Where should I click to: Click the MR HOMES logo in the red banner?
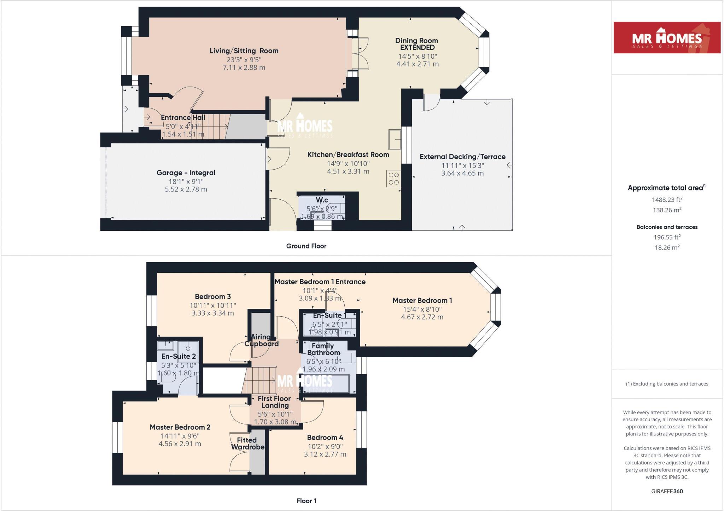pyautogui.click(x=667, y=38)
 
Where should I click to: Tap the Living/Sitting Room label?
pyautogui.click(x=244, y=51)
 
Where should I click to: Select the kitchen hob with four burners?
pyautogui.click(x=394, y=179)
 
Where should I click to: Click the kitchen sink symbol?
pyautogui.click(x=395, y=139)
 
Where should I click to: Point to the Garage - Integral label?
pyautogui.click(x=186, y=173)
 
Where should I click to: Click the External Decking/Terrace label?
pyautogui.click(x=462, y=157)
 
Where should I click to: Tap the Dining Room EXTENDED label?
pyautogui.click(x=416, y=44)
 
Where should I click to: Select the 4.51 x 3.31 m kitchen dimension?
pyautogui.click(x=348, y=171)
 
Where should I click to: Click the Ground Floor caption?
pyautogui.click(x=306, y=246)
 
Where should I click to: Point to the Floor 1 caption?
pyautogui.click(x=306, y=501)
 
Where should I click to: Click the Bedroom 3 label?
pyautogui.click(x=212, y=296)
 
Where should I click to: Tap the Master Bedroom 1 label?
pyautogui.click(x=422, y=300)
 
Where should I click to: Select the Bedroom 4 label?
pyautogui.click(x=325, y=437)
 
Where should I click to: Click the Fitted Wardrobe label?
pyautogui.click(x=247, y=444)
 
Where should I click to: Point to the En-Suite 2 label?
pyautogui.click(x=179, y=357)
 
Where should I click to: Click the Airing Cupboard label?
pyautogui.click(x=261, y=340)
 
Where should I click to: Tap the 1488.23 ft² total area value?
pyautogui.click(x=667, y=200)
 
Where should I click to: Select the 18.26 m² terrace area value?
pyautogui.click(x=667, y=247)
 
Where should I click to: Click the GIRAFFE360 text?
pyautogui.click(x=667, y=491)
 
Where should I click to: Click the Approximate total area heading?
pyautogui.click(x=666, y=188)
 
